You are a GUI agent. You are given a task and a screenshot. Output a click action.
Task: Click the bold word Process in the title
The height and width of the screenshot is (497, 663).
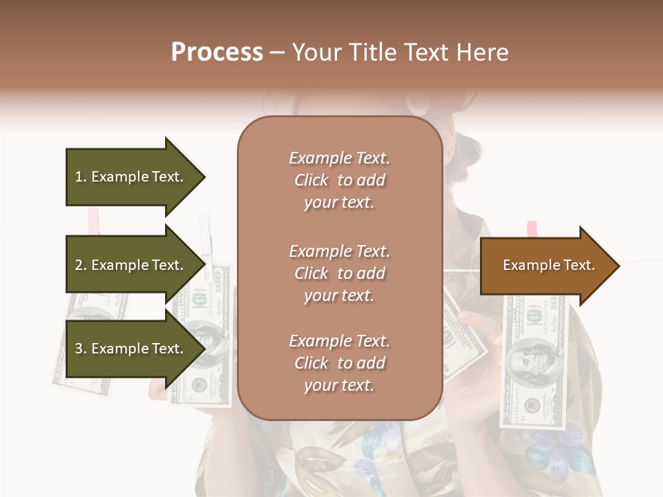(x=217, y=52)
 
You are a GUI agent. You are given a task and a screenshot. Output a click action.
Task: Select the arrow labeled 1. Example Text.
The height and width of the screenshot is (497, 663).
(x=131, y=177)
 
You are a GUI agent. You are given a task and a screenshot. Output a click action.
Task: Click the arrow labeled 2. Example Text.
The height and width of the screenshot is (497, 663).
(x=131, y=265)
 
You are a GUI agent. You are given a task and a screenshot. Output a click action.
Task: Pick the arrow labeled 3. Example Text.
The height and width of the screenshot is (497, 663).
(x=131, y=349)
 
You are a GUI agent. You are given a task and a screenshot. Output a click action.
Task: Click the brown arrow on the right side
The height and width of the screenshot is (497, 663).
(x=546, y=265)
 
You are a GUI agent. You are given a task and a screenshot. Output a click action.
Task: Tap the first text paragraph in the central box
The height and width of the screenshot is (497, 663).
(x=339, y=180)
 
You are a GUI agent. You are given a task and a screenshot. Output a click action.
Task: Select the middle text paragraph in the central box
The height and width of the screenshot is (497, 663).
(x=339, y=273)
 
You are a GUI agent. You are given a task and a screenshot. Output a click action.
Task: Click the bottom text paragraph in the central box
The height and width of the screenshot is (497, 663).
(x=339, y=363)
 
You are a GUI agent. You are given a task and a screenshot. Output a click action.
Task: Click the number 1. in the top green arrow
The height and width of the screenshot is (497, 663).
(x=81, y=177)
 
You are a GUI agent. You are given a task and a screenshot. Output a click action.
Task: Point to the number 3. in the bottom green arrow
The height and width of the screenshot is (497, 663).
(x=81, y=349)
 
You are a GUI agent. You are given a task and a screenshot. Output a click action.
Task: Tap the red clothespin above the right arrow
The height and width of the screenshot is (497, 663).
(x=532, y=228)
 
